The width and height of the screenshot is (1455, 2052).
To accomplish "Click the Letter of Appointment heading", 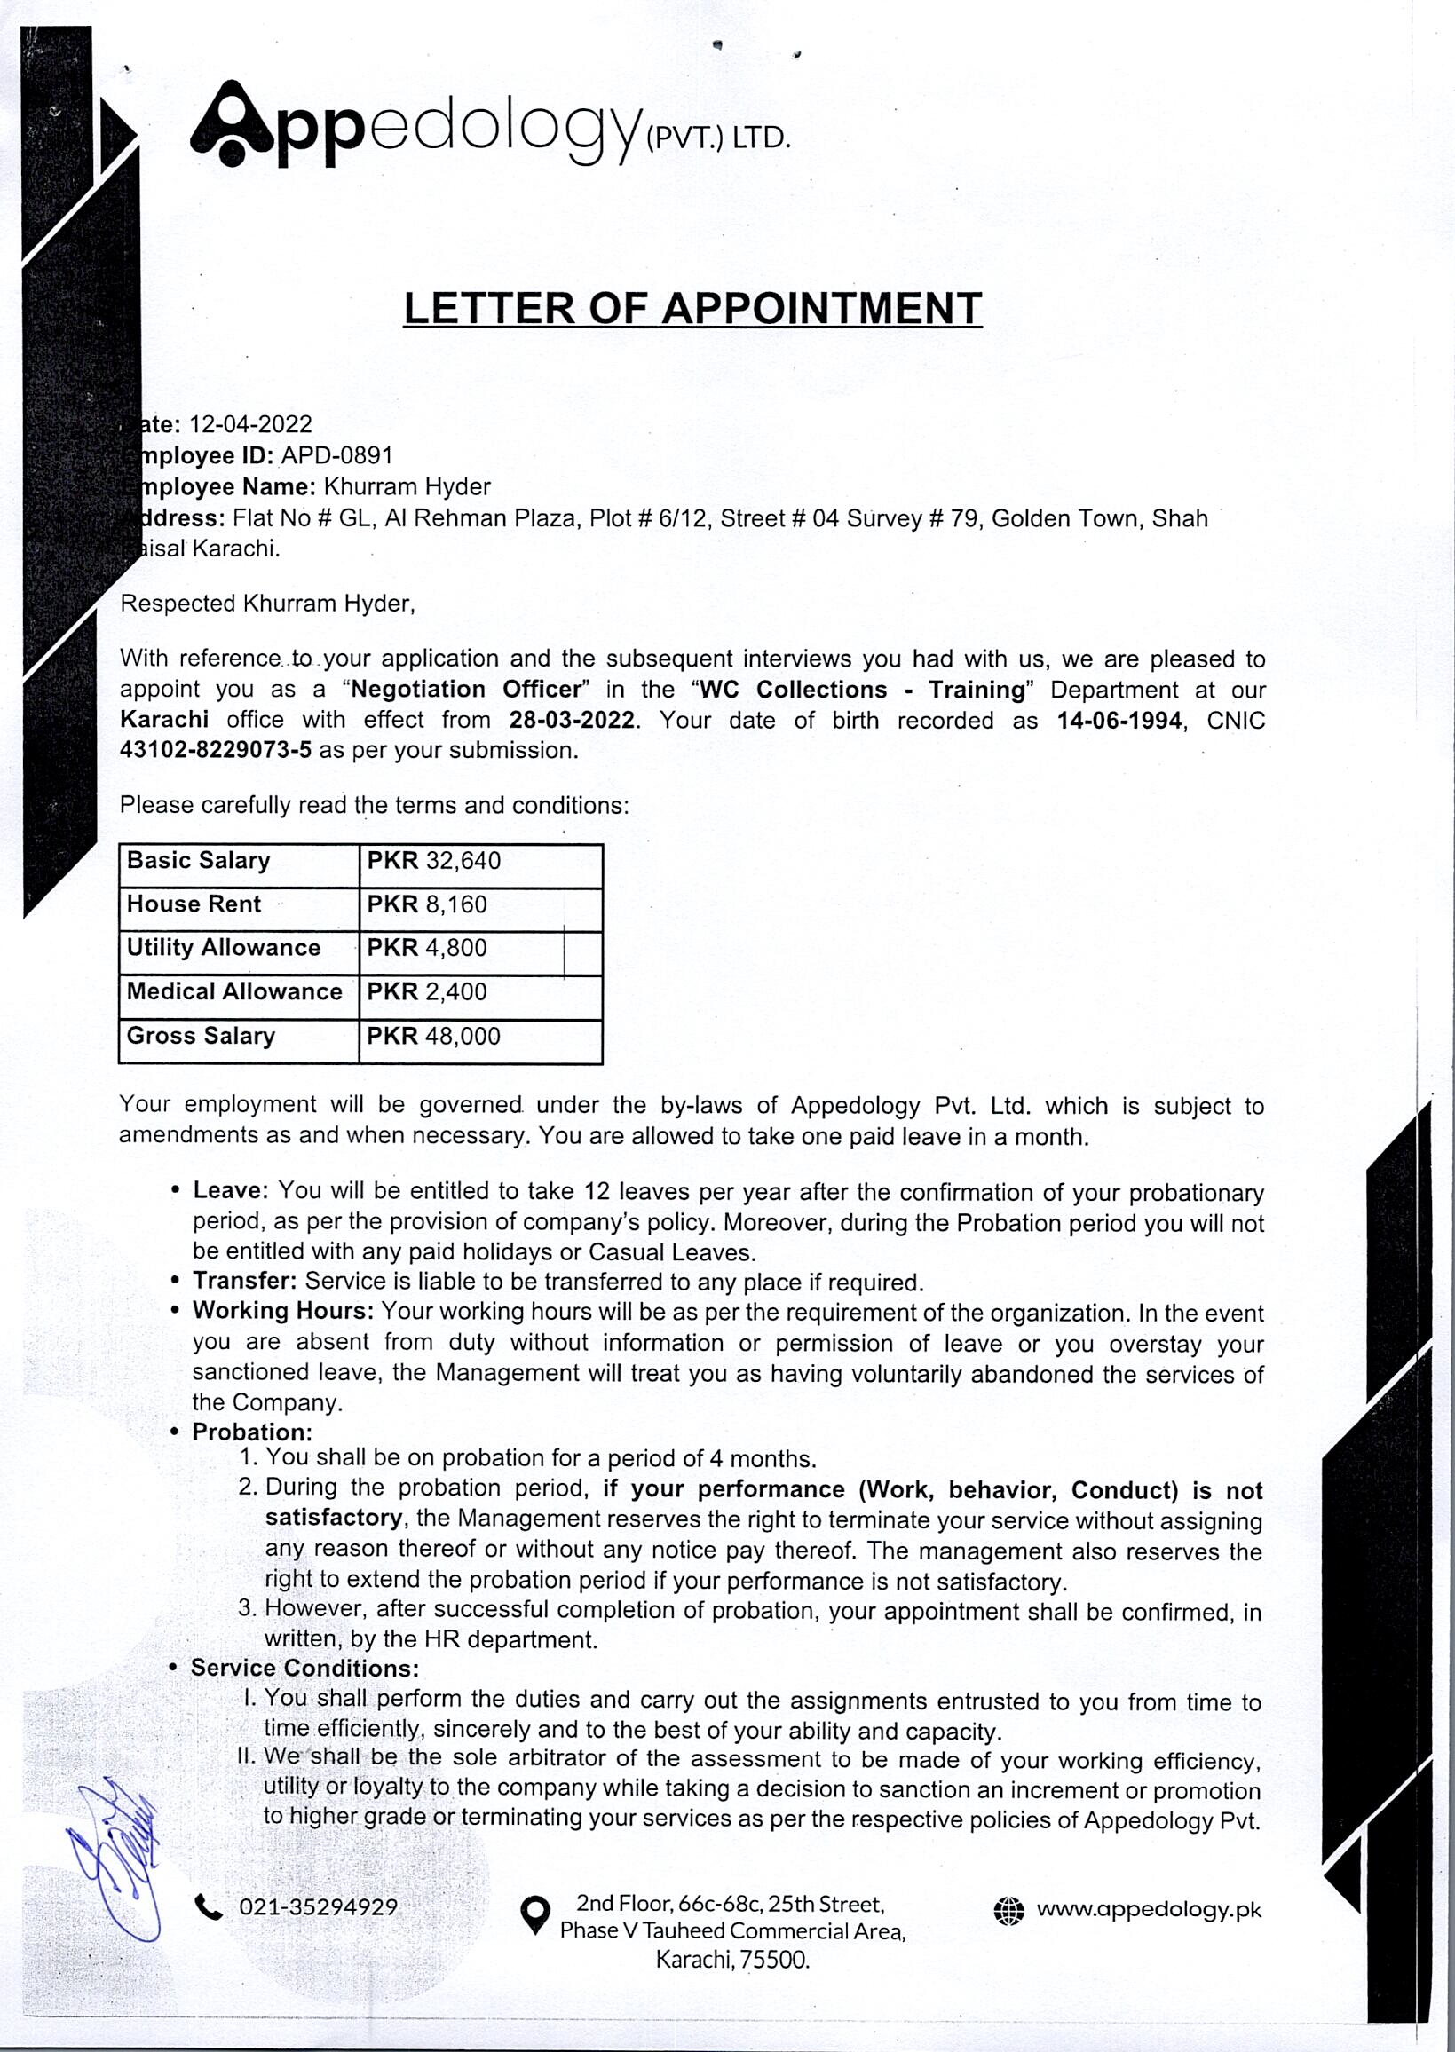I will tap(692, 308).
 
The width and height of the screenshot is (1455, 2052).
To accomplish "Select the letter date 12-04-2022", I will tap(251, 424).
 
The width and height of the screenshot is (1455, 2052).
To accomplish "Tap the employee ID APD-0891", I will tap(336, 456).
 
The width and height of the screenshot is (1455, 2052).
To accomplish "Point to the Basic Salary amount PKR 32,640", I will tap(433, 861).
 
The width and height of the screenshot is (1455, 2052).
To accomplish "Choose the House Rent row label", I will tap(194, 904).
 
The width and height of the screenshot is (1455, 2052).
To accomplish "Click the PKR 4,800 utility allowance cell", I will tap(426, 948).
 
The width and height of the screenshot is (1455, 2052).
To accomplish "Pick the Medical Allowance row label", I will tap(233, 991).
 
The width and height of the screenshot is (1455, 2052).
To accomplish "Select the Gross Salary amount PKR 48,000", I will tap(433, 1037).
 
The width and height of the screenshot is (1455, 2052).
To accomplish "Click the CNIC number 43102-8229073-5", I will tap(216, 751).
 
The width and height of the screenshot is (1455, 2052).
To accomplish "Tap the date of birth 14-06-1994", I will tap(1119, 720).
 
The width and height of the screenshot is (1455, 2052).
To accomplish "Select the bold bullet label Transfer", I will tap(244, 1282).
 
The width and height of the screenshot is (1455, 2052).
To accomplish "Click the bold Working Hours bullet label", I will tap(282, 1311).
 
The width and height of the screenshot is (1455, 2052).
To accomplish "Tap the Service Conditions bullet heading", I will tap(304, 1669).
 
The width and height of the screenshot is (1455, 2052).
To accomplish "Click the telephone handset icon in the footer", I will tap(208, 1909).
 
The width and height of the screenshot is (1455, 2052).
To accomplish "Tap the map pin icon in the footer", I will tap(535, 1915).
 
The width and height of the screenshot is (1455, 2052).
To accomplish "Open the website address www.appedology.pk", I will tap(1148, 1910).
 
